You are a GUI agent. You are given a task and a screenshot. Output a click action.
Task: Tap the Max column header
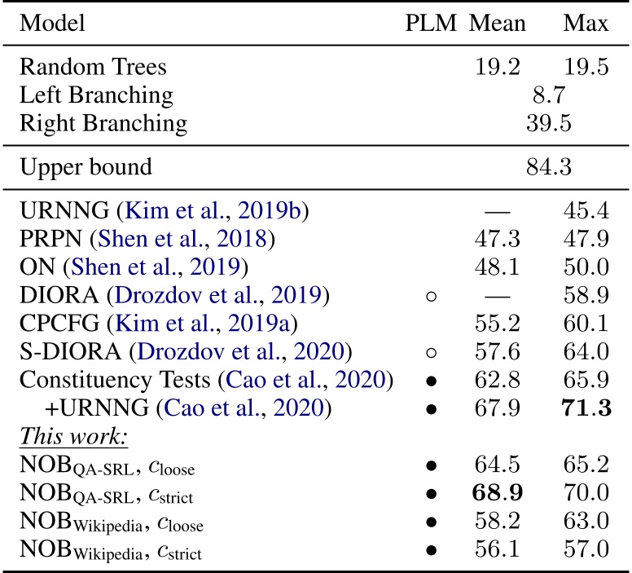[x=586, y=23]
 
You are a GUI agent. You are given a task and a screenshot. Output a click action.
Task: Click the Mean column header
[x=500, y=23]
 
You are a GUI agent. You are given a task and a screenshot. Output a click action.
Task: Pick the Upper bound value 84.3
[x=548, y=168]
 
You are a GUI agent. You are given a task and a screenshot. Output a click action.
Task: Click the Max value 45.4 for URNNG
[x=586, y=211]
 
